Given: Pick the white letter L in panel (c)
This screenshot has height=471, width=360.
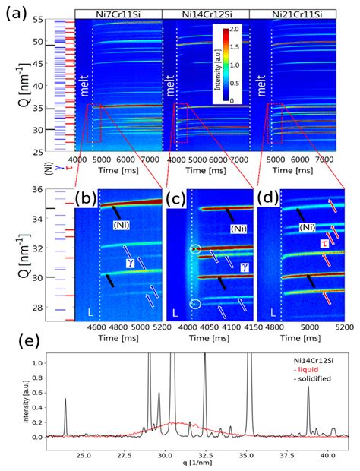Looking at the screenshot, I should click(174, 312).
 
